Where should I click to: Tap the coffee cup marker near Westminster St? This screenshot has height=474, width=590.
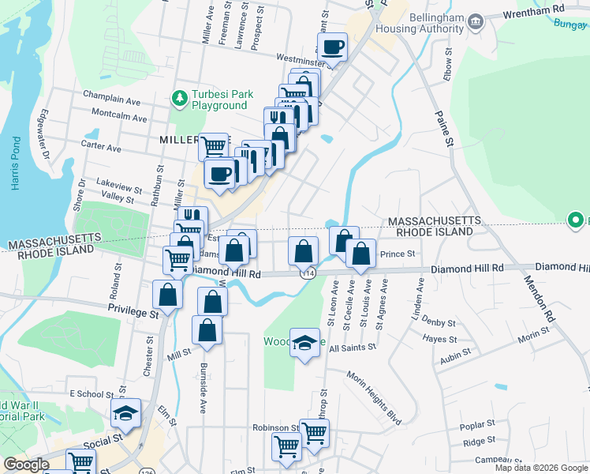click(333, 48)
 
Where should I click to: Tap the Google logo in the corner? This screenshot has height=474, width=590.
click(25, 465)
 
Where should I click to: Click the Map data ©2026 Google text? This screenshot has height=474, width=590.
click(540, 468)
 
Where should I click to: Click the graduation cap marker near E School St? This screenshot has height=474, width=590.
click(124, 413)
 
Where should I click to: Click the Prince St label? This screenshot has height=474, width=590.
click(398, 254)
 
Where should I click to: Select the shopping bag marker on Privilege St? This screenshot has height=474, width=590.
click(168, 295)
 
